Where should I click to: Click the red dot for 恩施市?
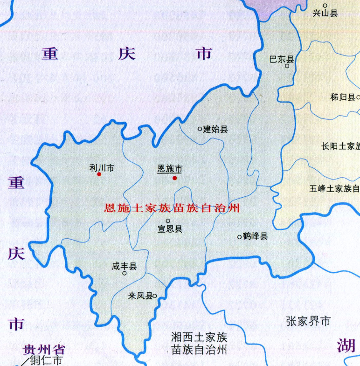175,178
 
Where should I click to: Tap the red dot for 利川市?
99,174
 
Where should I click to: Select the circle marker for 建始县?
200,129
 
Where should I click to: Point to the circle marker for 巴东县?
287,66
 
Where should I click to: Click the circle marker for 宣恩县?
168,221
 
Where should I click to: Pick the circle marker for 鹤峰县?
239,237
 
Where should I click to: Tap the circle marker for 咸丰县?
124,274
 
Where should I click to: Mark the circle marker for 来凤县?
154,296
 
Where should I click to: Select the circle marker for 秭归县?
358,97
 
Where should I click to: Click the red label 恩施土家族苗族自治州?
172,208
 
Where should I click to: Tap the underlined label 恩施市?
170,169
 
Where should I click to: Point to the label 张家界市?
308,321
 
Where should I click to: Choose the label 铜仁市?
46,360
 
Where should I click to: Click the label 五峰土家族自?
334,189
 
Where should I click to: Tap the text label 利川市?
101,167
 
